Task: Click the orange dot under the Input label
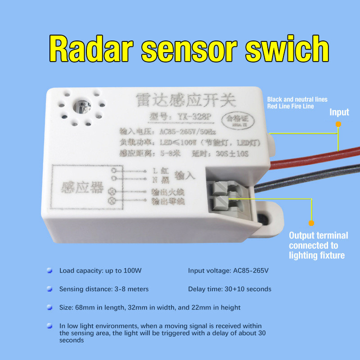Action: [338, 124]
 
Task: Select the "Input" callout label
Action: [339, 112]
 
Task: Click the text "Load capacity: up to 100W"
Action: [100, 271]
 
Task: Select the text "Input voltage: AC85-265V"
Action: [228, 271]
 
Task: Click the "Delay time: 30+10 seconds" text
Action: [229, 289]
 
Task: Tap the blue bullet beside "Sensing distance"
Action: [50, 289]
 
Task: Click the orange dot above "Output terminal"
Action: [311, 222]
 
